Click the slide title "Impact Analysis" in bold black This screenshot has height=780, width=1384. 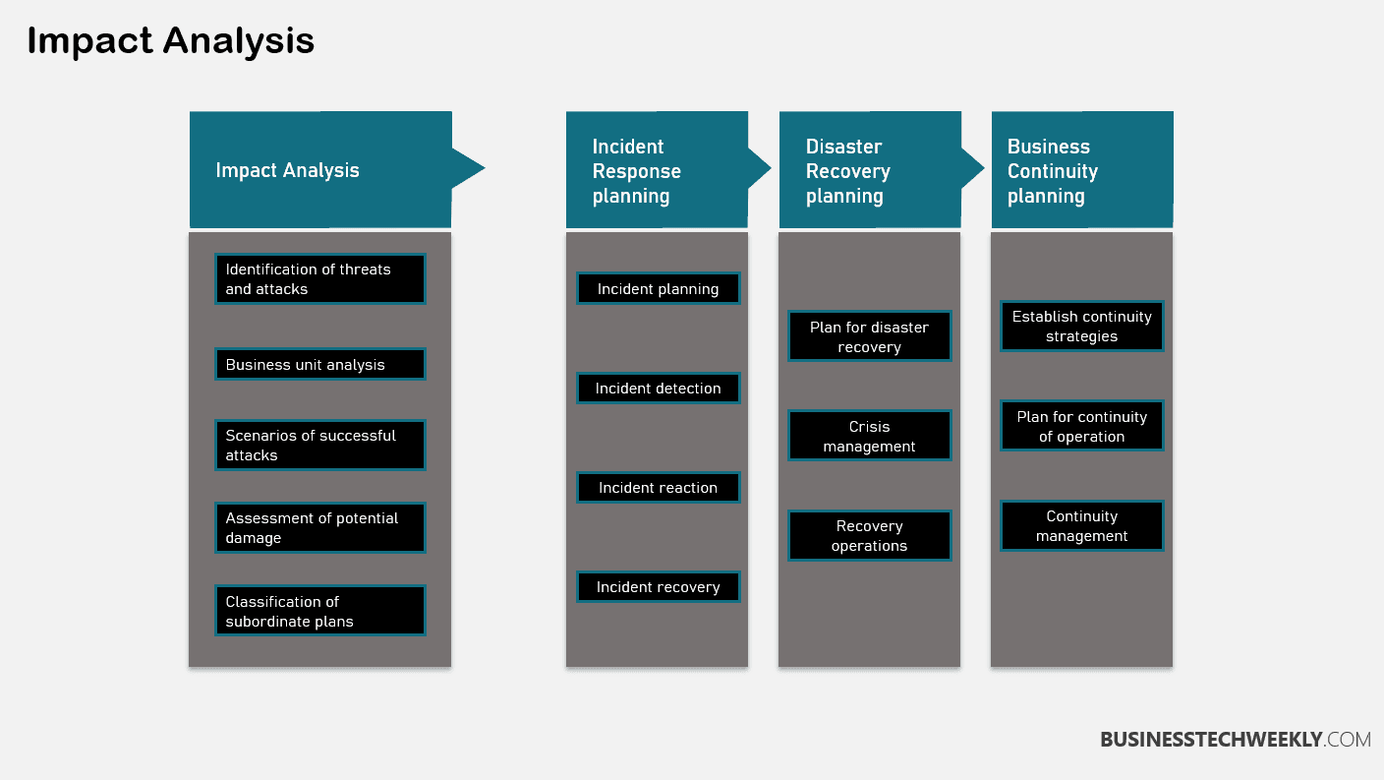(170, 41)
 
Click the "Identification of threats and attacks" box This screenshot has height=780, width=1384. (320, 279)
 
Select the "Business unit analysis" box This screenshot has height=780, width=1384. (320, 364)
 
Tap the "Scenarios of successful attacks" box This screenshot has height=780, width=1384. (320, 446)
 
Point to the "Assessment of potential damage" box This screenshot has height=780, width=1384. (320, 528)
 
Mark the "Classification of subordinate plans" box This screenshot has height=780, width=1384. (320, 611)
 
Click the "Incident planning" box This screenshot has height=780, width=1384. (658, 289)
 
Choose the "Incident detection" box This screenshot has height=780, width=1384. (658, 389)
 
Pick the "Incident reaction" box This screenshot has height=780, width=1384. (658, 488)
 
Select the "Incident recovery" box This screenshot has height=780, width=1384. (658, 587)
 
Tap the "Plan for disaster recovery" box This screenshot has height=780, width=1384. (869, 336)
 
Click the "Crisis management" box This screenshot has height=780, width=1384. (869, 436)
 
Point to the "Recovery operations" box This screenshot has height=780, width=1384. (869, 535)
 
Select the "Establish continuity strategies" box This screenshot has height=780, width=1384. (1081, 327)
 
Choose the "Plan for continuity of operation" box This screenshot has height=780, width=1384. (1081, 426)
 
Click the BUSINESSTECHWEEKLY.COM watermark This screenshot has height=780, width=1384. (1235, 740)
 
